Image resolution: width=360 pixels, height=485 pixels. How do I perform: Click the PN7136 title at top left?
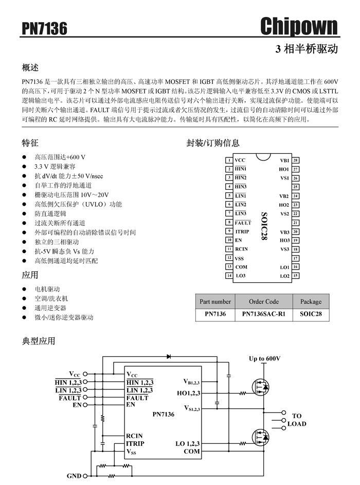point(44,29)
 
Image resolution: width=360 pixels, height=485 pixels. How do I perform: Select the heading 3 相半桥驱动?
point(307,49)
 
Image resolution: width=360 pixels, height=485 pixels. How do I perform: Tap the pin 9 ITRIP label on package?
point(242,231)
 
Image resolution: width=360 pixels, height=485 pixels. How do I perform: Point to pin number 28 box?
point(296,160)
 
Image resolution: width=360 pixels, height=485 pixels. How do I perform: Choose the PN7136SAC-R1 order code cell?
point(263,314)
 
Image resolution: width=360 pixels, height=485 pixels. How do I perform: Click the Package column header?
point(311,301)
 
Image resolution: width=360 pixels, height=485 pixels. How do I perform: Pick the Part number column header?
point(215,301)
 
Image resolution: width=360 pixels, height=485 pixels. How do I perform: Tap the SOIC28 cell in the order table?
point(311,314)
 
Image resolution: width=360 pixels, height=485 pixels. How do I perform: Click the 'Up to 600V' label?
point(265,358)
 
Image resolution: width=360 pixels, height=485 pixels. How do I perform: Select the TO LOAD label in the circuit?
point(297,420)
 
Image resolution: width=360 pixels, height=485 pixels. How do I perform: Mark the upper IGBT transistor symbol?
point(259,385)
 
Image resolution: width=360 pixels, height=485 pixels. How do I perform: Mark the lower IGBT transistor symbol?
point(259,437)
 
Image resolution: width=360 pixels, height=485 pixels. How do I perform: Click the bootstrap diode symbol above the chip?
point(168,356)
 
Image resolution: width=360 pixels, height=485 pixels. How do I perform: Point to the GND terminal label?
point(74,476)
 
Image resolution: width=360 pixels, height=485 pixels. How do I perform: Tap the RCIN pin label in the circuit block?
point(134,436)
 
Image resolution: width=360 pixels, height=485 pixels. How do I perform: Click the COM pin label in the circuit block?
point(191,452)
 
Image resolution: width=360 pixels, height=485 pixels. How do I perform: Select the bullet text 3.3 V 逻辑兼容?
point(55,167)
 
